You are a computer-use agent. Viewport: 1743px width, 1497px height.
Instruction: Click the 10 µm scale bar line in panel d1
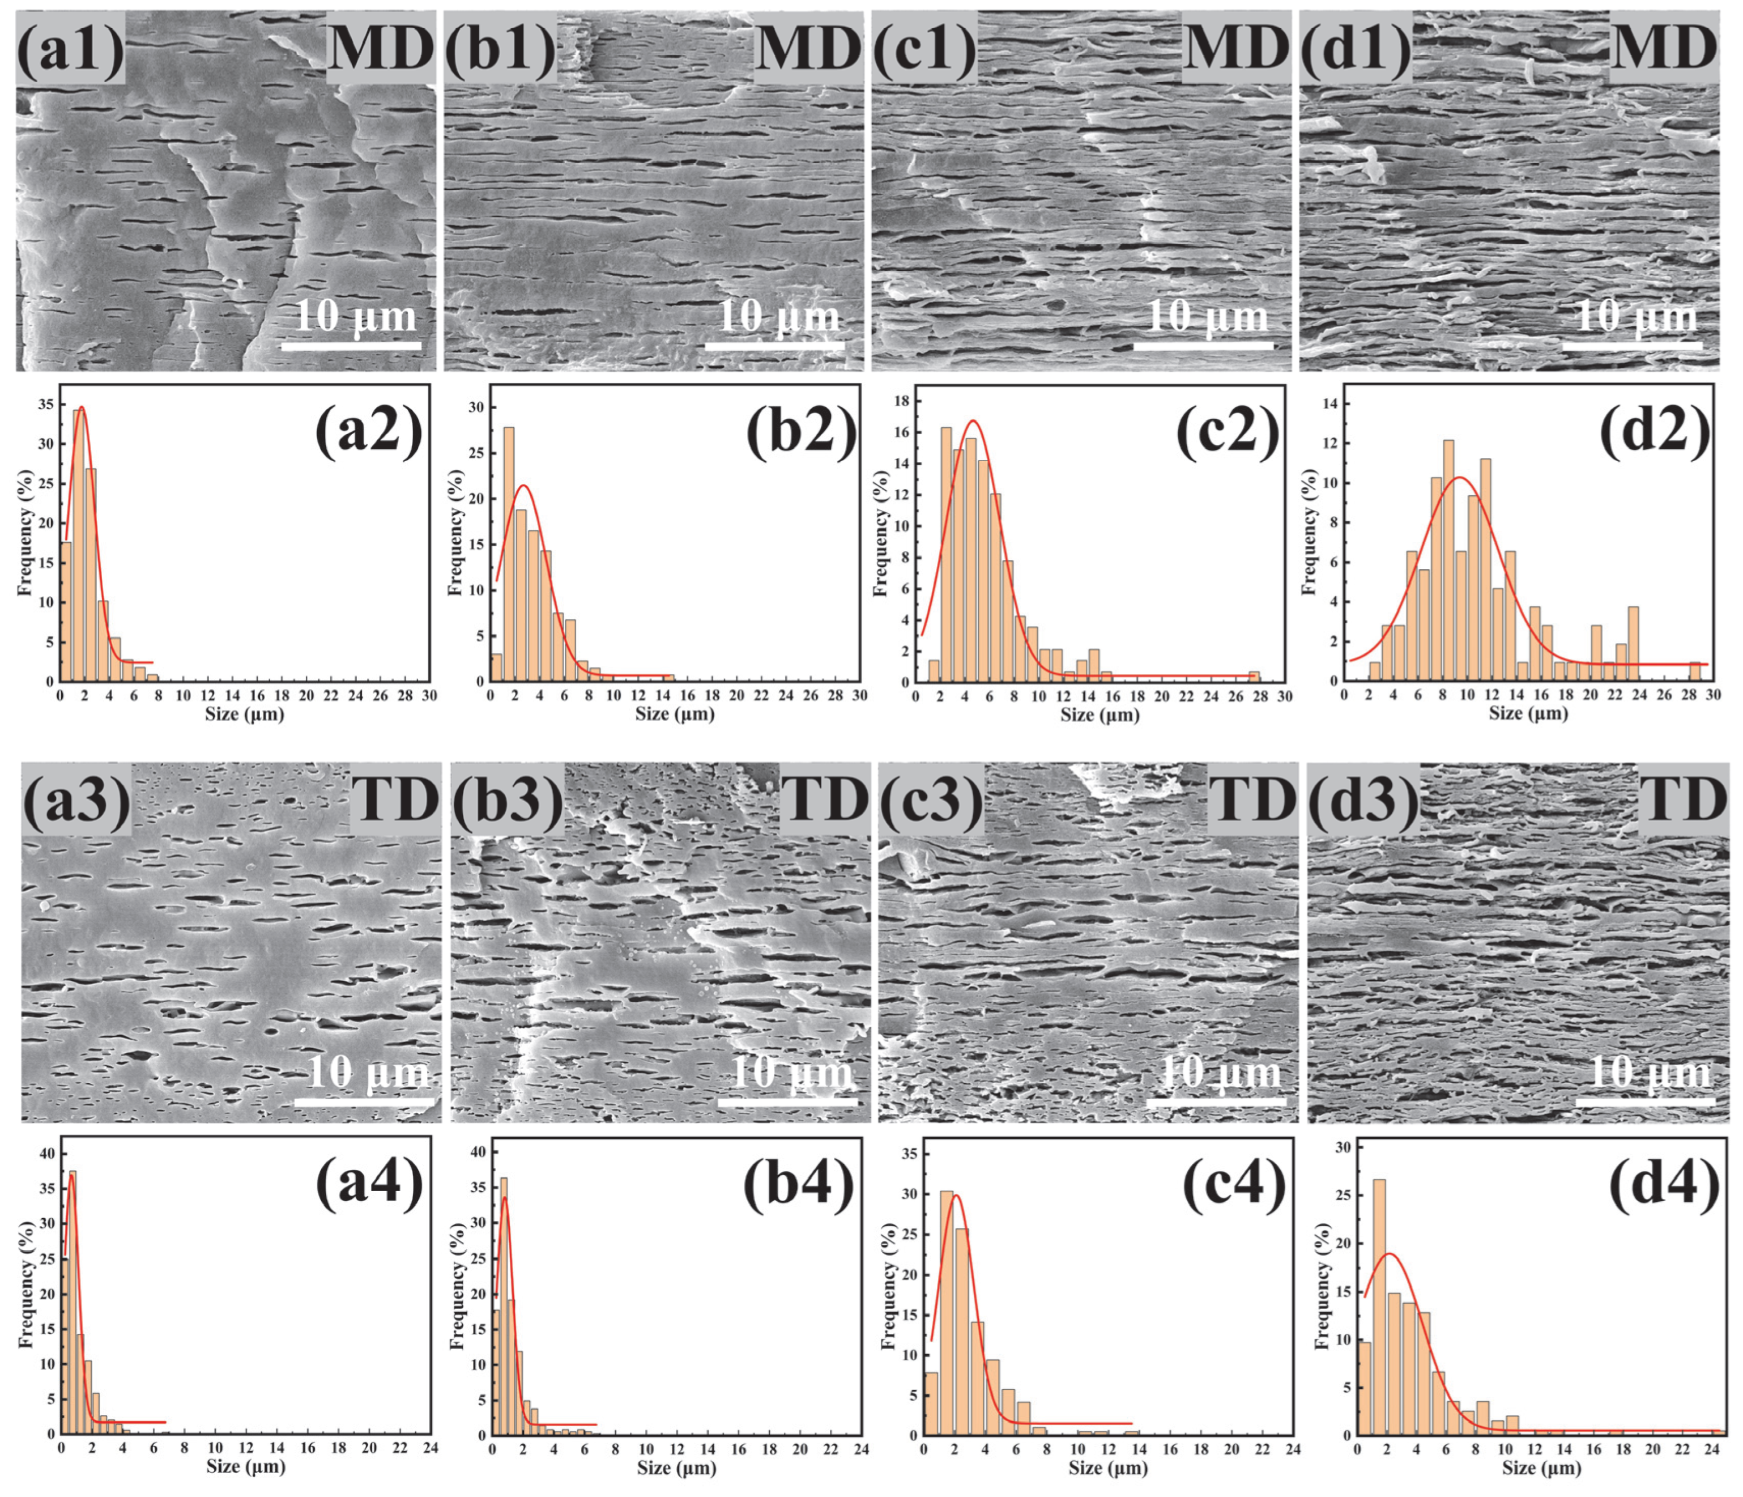coord(1632,345)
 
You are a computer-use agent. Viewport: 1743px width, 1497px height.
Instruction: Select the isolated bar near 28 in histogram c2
coord(1254,677)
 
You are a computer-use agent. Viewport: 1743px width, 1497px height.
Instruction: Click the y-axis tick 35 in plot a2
coord(47,405)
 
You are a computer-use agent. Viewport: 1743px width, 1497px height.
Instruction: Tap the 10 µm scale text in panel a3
coord(368,1074)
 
